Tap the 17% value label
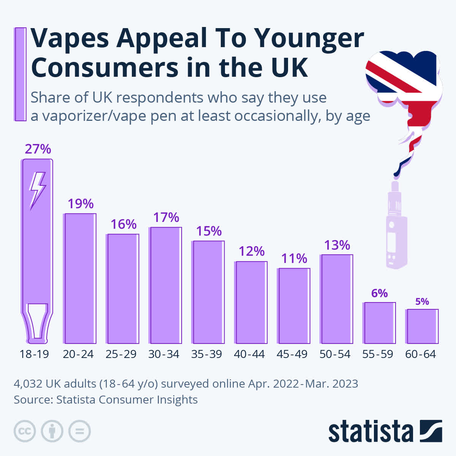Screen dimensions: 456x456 pos(166,217)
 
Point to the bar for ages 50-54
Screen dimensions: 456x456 pos(337,299)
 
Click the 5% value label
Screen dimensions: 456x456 pos(422,302)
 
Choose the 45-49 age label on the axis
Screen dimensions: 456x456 pos(292,354)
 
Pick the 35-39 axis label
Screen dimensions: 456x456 pos(207,354)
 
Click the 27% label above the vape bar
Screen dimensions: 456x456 pos(38,149)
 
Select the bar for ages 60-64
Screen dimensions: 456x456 pos(422,326)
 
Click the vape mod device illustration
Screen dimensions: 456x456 pos(396,228)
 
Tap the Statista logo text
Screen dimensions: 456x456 pos(370,432)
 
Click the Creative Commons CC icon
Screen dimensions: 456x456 pos(25,431)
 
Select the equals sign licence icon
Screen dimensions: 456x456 pos(79,431)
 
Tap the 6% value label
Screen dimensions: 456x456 pos(379,293)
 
